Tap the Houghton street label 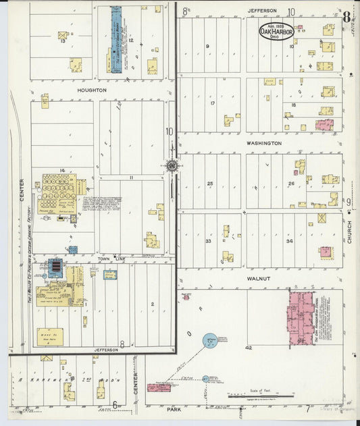click(91, 90)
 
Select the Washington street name click(263, 143)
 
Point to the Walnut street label click(258, 278)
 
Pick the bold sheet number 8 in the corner click(346, 17)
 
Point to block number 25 click(210, 184)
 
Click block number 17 click(212, 103)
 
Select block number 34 click(289, 241)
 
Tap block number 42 click(249, 348)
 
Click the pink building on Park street click(158, 388)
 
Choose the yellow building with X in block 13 click(63, 35)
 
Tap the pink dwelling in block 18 click(325, 125)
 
